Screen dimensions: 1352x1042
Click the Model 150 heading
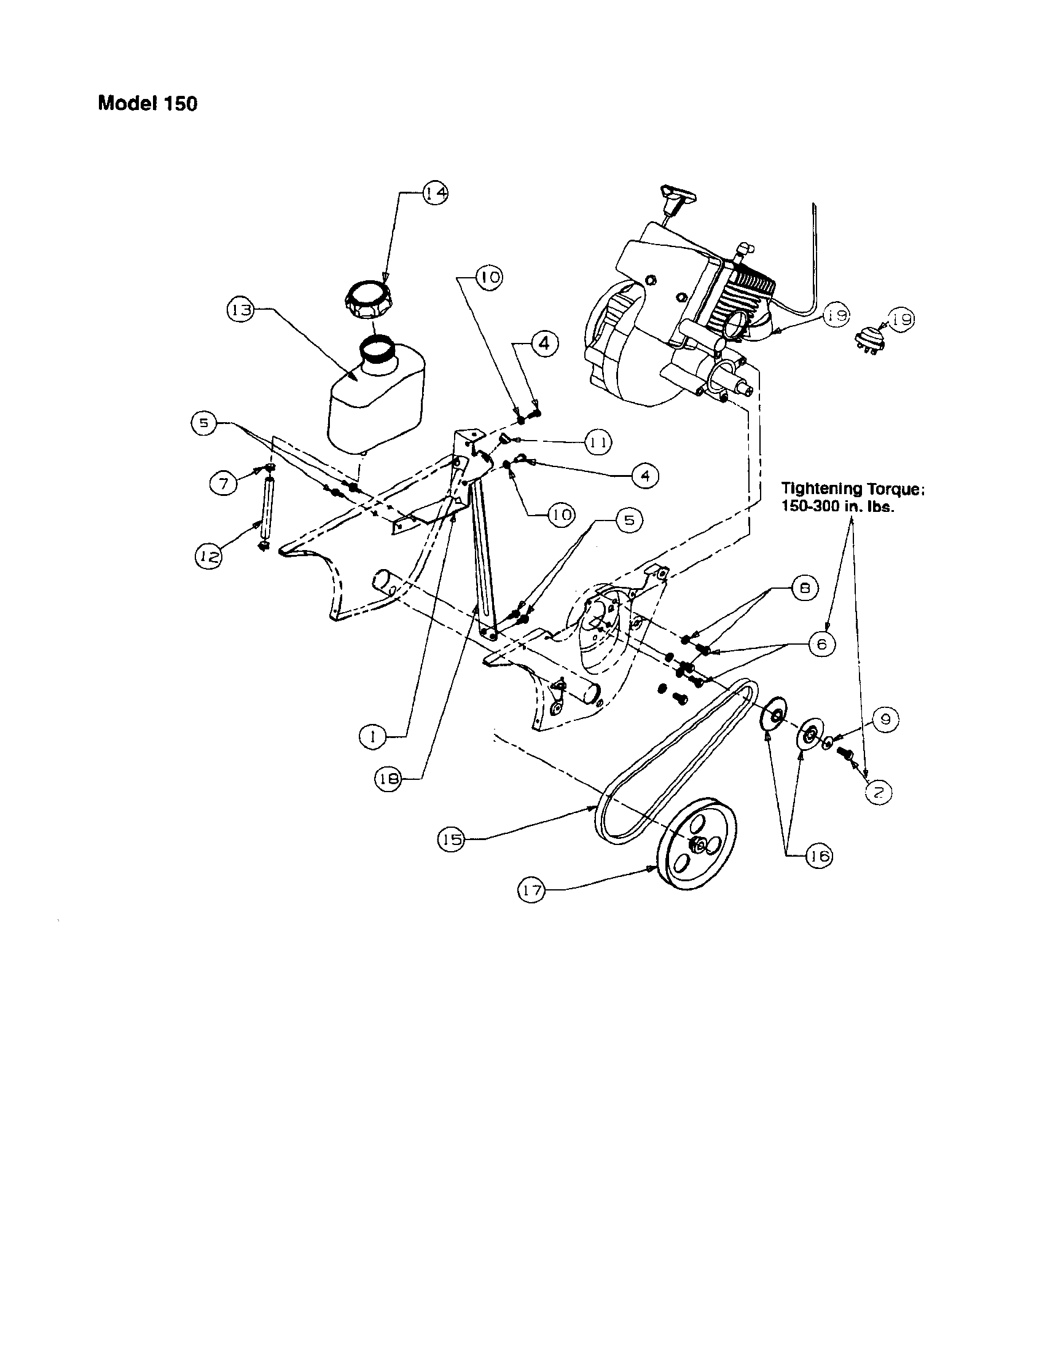[x=148, y=103]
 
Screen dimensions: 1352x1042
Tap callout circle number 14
[x=435, y=193]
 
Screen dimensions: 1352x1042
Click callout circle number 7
[x=224, y=482]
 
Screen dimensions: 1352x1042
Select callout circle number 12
[x=209, y=557]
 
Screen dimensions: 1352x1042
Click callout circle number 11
[x=598, y=442]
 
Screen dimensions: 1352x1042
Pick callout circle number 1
[x=373, y=736]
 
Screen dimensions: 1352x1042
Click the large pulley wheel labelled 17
[x=696, y=845]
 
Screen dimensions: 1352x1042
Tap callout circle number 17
[x=531, y=891]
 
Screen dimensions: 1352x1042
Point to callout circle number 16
[x=818, y=856]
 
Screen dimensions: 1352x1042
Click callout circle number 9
[x=885, y=720]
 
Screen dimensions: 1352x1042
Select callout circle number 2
[x=879, y=790]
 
